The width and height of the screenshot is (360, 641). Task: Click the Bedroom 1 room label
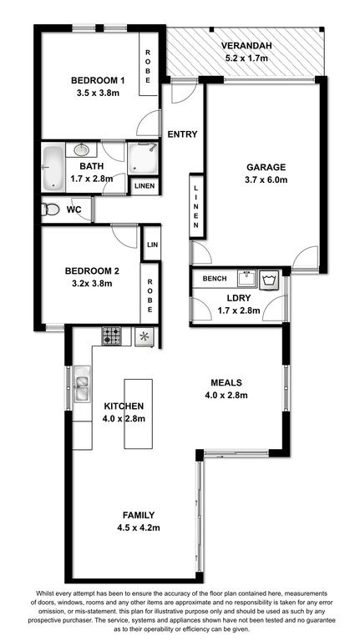(98, 80)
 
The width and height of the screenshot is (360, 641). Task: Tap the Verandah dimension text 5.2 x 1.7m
(246, 58)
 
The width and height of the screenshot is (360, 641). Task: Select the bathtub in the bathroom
(53, 168)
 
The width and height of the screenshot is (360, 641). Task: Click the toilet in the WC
(49, 210)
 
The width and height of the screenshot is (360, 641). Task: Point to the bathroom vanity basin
(81, 149)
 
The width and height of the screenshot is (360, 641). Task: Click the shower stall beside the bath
(143, 159)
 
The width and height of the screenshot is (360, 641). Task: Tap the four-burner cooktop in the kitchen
(111, 336)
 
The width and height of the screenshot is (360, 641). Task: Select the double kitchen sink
(81, 383)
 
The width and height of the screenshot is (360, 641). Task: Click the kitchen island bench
(139, 414)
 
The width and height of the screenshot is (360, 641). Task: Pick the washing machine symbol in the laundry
(268, 280)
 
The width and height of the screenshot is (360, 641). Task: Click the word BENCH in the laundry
(215, 279)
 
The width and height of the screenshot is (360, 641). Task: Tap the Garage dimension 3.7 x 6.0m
(266, 179)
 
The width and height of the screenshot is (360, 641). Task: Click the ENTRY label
(182, 134)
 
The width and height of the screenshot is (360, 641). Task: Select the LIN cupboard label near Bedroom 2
(152, 245)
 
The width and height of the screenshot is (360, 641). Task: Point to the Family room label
(139, 515)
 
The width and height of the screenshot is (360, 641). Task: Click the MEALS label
(226, 383)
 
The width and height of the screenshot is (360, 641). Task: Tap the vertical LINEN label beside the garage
(196, 206)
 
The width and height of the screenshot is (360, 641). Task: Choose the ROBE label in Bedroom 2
(150, 295)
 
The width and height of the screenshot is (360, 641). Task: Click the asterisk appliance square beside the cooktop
(145, 337)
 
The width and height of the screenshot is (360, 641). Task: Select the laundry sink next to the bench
(246, 278)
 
